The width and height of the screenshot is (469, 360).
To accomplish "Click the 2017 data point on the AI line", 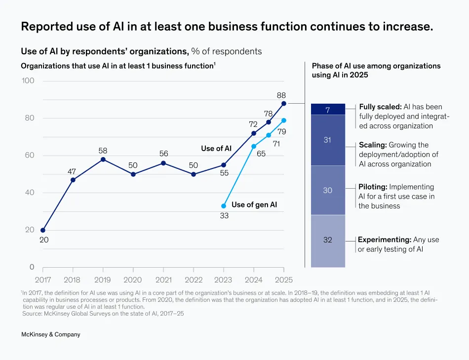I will pos(43,230).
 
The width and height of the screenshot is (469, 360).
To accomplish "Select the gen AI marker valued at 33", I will pos(224,206).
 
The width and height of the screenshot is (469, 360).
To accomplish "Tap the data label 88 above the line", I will pos(281,95).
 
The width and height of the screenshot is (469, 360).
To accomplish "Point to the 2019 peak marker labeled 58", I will pos(103,160).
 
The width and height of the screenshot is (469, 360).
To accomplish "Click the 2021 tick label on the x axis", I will pos(163,280).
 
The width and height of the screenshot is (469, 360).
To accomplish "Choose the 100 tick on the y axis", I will pos(28,80).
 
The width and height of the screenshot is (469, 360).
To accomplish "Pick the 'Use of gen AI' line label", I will pos(254,204).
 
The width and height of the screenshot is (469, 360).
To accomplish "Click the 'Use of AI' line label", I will pos(216,148).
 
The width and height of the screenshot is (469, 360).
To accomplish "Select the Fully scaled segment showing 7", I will pos(328,110).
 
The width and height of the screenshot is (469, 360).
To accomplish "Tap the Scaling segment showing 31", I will pos(328,140).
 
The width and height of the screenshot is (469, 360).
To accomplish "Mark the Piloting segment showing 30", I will pos(328,190).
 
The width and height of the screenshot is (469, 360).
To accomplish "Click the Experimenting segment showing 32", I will pos(328,240).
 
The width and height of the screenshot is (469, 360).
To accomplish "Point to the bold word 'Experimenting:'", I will pos(385,240).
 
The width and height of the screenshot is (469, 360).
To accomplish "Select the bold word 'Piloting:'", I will pos(373,187).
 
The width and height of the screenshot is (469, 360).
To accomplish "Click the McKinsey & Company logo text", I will pos(51,334).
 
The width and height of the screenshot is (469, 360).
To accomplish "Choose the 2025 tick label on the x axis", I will pos(283,280).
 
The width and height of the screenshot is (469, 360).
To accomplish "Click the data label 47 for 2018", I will pos(72,171).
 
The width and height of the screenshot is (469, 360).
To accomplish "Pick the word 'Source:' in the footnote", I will pos(33,313).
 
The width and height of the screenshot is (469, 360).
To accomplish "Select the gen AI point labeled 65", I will pos(254,146).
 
